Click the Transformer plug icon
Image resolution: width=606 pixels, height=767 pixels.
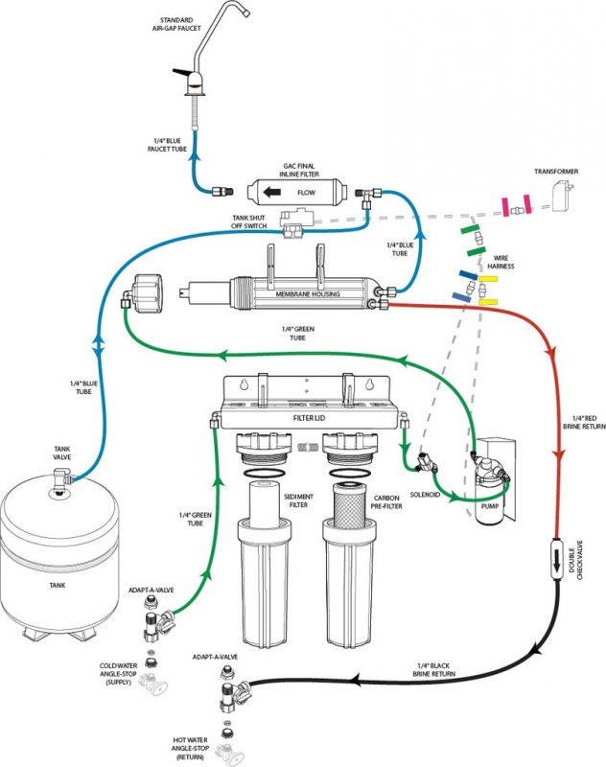pos(563,197)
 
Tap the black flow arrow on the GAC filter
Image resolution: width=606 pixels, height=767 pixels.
pos(272,193)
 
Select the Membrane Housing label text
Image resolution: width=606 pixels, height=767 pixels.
pos(308,294)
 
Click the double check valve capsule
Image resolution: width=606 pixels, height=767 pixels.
pos(557,559)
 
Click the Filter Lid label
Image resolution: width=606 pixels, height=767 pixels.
pos(309,418)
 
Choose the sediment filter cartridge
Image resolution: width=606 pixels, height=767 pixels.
pos(264,505)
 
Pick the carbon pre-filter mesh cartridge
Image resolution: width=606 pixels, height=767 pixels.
pos(349,505)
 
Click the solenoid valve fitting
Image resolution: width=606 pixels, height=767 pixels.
pos(427,462)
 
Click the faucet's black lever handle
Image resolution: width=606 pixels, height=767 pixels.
pos(181,73)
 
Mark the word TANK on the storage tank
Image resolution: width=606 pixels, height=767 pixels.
pos(58,585)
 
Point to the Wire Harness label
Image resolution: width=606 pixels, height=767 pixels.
pos(501,262)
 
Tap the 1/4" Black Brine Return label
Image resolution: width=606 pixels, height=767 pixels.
pos(433,669)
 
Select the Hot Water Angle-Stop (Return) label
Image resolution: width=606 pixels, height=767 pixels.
pos(190,749)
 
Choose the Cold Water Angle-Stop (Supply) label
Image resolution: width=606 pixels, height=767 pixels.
pos(118,674)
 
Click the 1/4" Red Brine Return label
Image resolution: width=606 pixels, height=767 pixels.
pos(584,423)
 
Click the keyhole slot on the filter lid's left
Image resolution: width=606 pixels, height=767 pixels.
pos(244,385)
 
